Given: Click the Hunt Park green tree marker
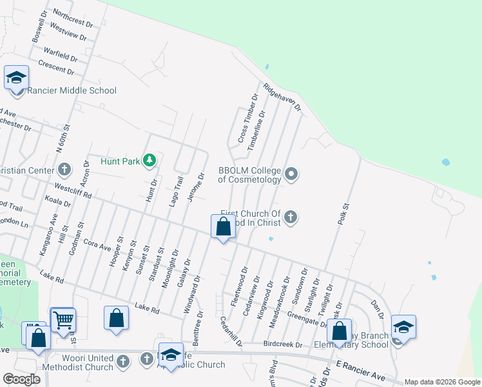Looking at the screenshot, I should (x=149, y=160).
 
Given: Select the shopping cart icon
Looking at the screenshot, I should (x=63, y=319).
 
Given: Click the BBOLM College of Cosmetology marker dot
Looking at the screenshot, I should (x=292, y=174).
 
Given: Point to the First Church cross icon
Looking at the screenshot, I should (x=291, y=217).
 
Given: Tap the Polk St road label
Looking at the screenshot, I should (x=343, y=213).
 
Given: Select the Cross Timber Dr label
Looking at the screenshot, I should (x=247, y=119).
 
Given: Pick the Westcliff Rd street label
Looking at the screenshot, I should (x=73, y=192).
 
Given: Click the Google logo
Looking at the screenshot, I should (x=21, y=379).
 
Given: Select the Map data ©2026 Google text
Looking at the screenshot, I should (x=441, y=382).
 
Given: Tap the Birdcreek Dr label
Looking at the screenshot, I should (x=283, y=344).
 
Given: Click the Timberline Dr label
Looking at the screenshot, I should (x=257, y=134).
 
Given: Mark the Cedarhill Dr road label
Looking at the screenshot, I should (x=231, y=331).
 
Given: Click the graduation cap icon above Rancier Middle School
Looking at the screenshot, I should (x=16, y=78).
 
